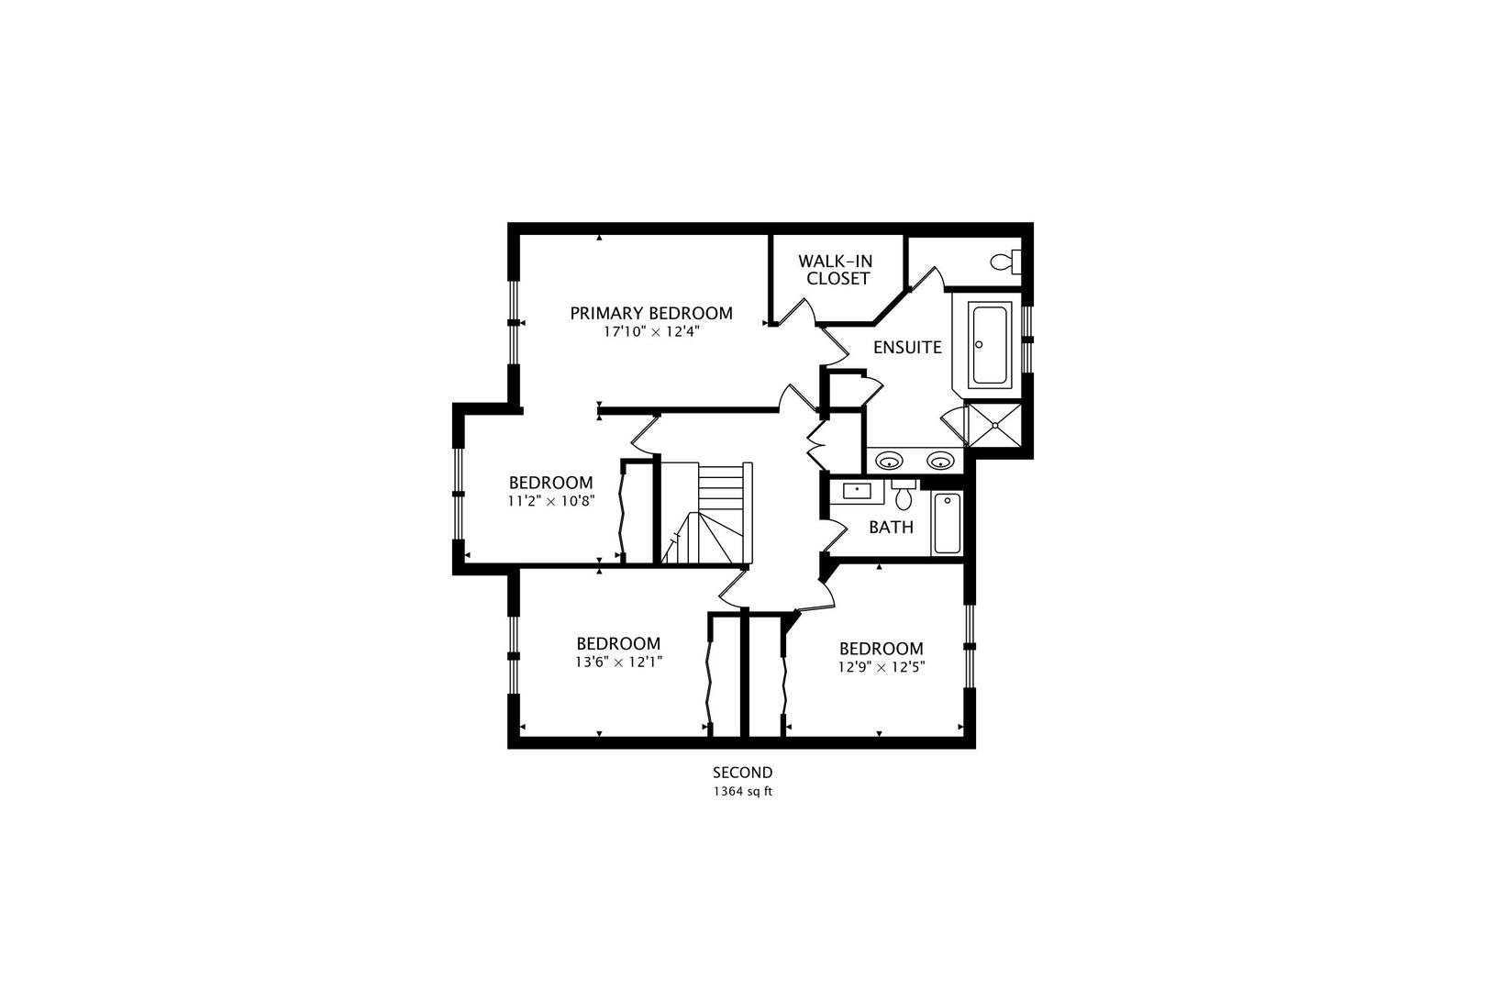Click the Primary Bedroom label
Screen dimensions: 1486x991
pos(650,313)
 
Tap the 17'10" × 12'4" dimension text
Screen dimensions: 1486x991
pos(651,332)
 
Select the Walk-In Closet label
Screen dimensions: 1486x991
pos(836,270)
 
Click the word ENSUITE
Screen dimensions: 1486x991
pos(907,347)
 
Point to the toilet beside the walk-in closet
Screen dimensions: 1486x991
pos(1005,262)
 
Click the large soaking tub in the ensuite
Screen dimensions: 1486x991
pos(991,344)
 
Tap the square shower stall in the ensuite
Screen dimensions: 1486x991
pos(995,425)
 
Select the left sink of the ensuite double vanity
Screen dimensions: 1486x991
pos(889,460)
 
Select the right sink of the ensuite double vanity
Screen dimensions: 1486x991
pos(940,460)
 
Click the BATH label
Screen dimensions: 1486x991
pos(891,527)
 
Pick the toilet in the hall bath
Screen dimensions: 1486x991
pos(903,494)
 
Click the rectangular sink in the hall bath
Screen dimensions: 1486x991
pos(857,491)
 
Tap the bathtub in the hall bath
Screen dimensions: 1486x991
pos(947,523)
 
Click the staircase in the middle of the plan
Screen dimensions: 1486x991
pos(706,513)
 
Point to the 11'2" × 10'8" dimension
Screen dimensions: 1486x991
pos(550,501)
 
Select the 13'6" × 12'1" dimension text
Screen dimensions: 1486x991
pos(619,662)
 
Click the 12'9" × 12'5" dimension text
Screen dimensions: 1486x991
pos(881,666)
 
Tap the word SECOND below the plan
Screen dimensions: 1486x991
pos(742,773)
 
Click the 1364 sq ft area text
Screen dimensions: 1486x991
pos(742,791)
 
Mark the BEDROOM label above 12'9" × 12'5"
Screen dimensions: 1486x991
pos(881,649)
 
